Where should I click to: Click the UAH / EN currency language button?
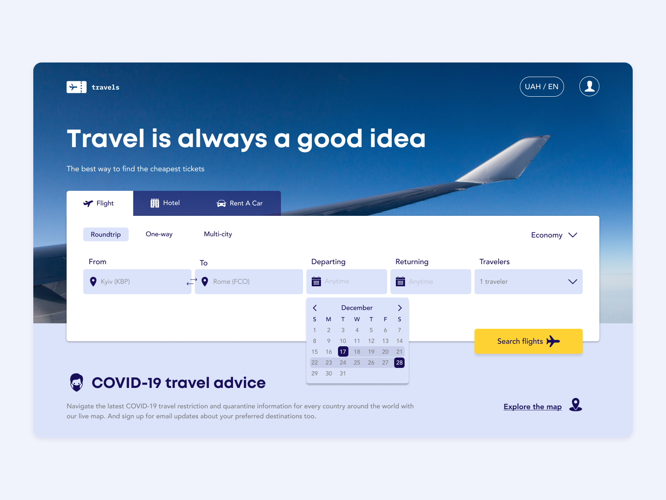(542, 87)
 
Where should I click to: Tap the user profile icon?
(589, 87)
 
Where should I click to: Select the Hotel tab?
(165, 203)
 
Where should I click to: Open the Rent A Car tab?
(240, 203)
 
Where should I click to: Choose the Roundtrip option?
(106, 235)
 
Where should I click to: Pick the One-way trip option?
(159, 234)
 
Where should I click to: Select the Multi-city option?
(218, 234)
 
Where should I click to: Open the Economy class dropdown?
(554, 235)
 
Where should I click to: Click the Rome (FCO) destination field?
(250, 282)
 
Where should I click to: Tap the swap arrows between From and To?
(192, 282)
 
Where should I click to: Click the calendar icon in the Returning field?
(400, 282)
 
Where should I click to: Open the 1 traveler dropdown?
(528, 282)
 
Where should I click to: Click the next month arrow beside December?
(400, 308)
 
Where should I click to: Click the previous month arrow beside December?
(315, 308)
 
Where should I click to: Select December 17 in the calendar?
(343, 352)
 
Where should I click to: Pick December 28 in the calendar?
(399, 362)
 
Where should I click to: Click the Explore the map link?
(532, 407)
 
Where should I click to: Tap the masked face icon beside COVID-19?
(77, 382)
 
